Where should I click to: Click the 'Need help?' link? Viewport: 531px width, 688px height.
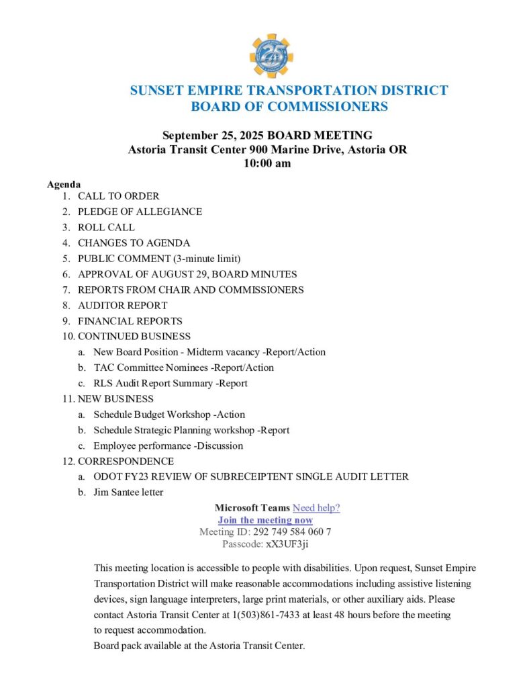tap(316, 508)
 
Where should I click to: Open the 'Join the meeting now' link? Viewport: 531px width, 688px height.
tap(265, 520)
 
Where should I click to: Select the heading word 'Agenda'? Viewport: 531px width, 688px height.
tap(64, 184)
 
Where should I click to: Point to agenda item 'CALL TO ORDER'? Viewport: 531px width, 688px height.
tap(118, 196)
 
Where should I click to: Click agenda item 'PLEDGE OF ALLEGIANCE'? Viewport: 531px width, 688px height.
tap(140, 212)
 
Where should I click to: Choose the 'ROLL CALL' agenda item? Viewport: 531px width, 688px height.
tap(106, 227)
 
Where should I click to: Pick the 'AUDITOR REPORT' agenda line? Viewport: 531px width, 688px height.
tap(122, 305)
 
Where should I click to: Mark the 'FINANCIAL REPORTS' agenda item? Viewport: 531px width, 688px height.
tap(130, 321)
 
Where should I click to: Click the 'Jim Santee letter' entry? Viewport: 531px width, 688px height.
tap(128, 492)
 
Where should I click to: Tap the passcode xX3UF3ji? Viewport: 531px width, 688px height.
tap(287, 544)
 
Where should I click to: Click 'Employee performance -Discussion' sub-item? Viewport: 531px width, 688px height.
tap(168, 445)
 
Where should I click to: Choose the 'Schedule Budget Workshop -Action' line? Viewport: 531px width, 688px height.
tap(169, 415)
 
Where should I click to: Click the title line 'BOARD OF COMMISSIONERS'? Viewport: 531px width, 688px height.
tap(289, 106)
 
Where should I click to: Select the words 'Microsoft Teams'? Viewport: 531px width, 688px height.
tap(252, 508)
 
